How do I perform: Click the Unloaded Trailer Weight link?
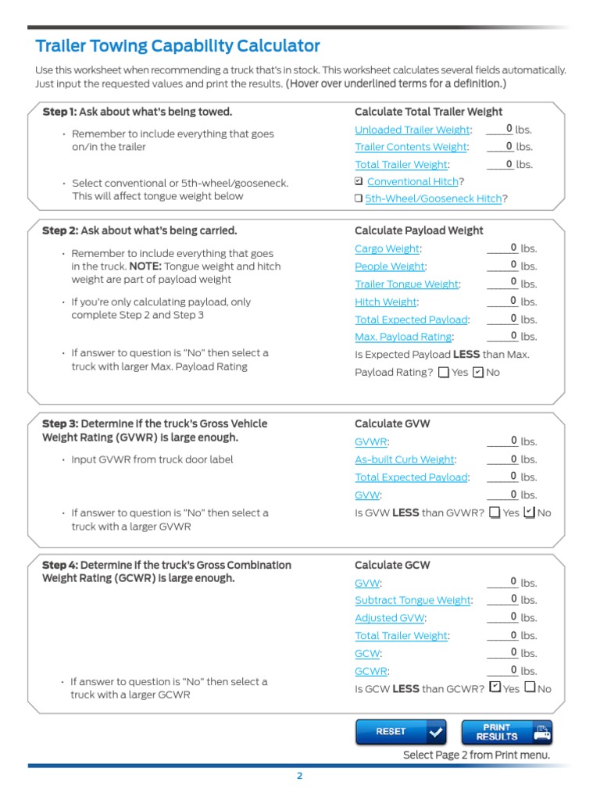[x=412, y=130]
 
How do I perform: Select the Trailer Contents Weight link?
[x=410, y=147]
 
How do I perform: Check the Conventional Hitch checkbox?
[x=359, y=181]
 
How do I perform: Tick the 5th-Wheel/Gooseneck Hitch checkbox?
[x=359, y=199]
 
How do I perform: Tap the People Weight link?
[x=389, y=266]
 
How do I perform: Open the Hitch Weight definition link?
[x=386, y=302]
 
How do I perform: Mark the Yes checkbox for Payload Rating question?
[x=444, y=373]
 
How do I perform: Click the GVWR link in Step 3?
[x=366, y=441]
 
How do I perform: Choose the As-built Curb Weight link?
[x=404, y=459]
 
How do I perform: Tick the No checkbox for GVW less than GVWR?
[x=529, y=512]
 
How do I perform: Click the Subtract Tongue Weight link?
[x=412, y=600]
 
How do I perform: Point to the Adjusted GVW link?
[x=390, y=618]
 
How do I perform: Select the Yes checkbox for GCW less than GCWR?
[x=495, y=687]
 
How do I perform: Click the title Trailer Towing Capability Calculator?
[x=177, y=46]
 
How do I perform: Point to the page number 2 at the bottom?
[x=299, y=776]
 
